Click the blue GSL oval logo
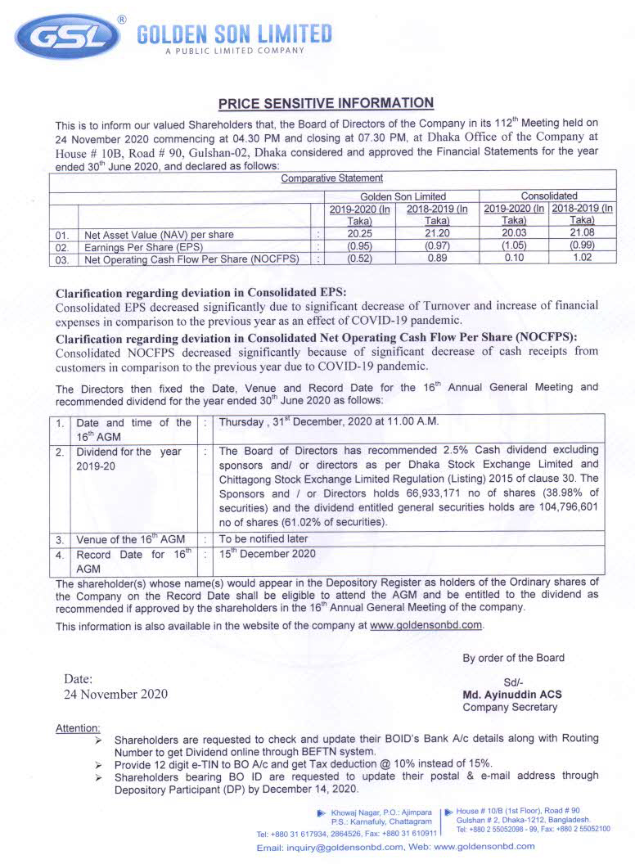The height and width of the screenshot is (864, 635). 65,37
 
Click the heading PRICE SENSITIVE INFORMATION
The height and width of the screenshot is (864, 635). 325,103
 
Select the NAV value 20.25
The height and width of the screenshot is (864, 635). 359,234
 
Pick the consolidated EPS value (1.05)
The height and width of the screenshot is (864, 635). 513,246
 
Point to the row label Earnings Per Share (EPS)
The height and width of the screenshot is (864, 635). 143,247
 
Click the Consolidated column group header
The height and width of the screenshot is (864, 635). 548,196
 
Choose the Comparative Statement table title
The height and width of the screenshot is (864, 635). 331,178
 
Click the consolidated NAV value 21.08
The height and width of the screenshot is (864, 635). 582,234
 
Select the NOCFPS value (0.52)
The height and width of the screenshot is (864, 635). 359,259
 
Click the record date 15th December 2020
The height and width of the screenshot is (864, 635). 267,554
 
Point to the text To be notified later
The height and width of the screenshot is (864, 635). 263,539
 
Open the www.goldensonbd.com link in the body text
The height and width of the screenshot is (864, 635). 426,625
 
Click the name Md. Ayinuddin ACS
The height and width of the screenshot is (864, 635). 512,695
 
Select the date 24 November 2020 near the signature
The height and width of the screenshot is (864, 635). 115,694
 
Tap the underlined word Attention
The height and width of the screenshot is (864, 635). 78,728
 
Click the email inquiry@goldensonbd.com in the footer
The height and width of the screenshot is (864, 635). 330,848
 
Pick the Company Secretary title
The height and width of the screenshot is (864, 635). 510,707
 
